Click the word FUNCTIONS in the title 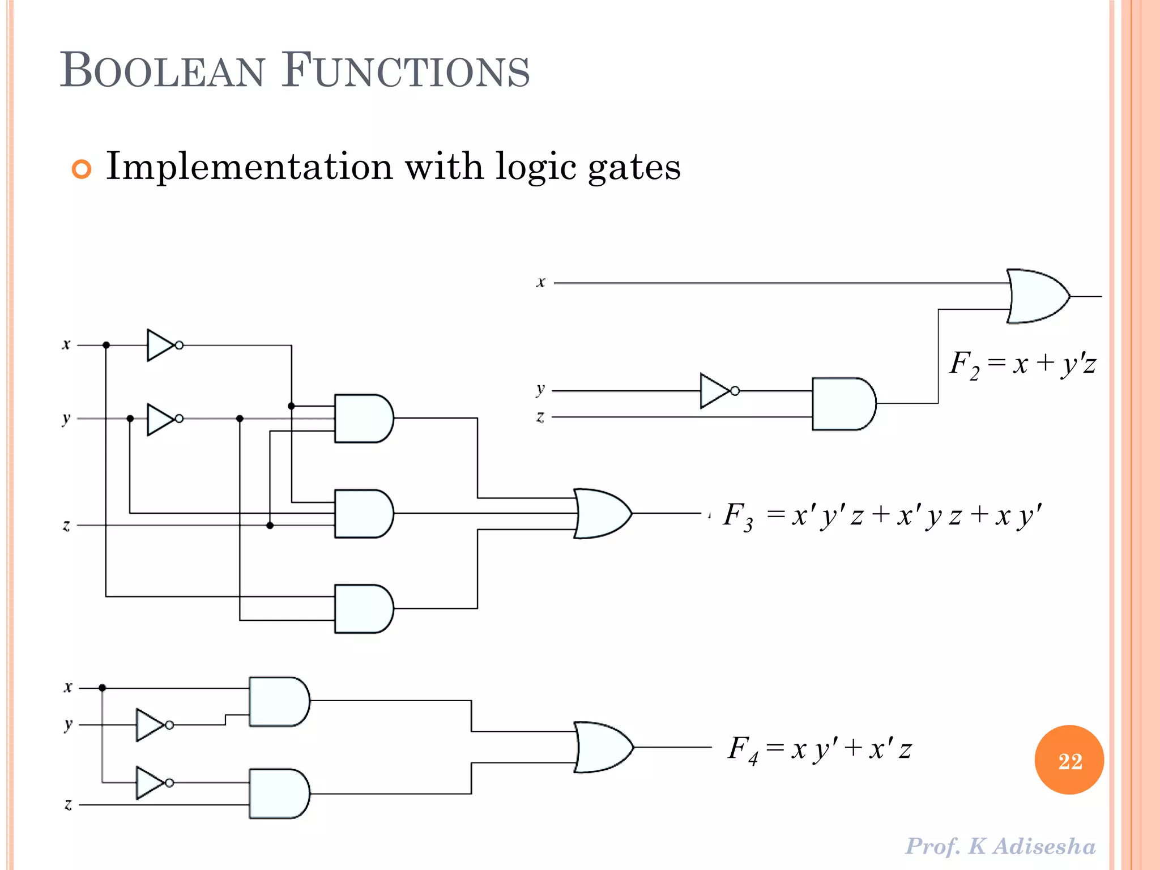[406, 70]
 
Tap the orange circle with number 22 [1069, 760]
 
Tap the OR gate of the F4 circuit [603, 747]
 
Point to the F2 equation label [1022, 364]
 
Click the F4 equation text [820, 749]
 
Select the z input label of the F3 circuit [66, 526]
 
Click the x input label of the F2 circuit [541, 282]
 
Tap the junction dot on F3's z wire [270, 526]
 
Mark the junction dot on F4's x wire [103, 688]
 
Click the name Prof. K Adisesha [1000, 846]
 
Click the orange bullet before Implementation [82, 169]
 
